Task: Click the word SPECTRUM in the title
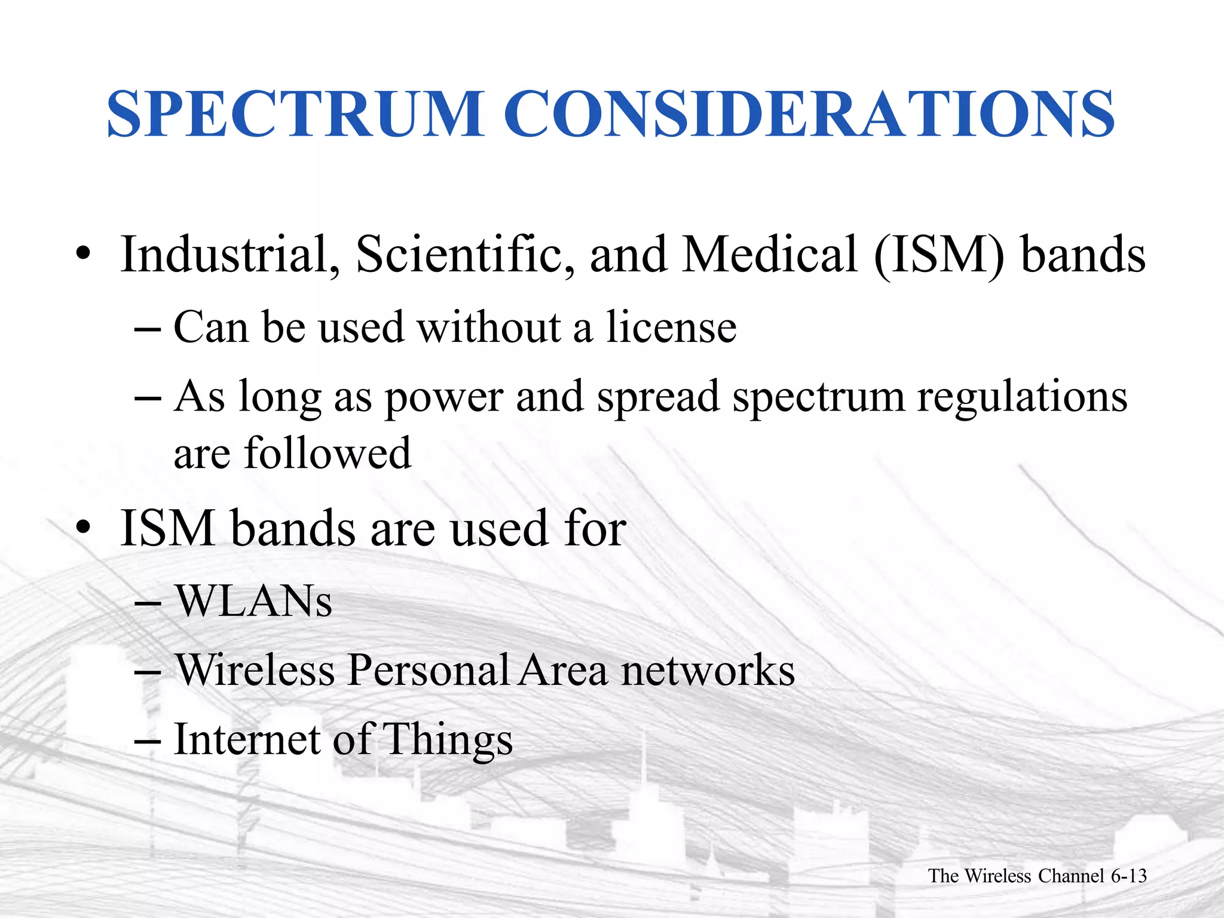tap(295, 114)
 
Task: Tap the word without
tap(489, 328)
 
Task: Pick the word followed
tap(328, 453)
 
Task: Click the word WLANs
tap(253, 601)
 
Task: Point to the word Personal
tap(428, 670)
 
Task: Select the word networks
tap(708, 670)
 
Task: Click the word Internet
tap(247, 740)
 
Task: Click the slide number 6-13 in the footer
tap(1128, 876)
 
